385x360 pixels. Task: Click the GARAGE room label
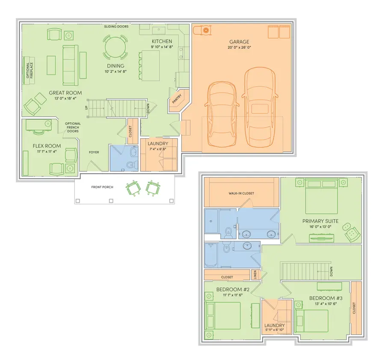tap(239, 42)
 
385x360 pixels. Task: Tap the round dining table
tap(115, 47)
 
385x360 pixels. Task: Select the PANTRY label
tap(177, 99)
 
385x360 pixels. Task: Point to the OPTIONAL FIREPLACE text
tap(30, 70)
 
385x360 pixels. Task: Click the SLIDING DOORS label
tap(116, 27)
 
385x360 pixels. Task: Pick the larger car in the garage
tap(260, 107)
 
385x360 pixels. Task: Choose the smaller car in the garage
tap(222, 114)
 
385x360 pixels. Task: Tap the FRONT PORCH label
tap(102, 187)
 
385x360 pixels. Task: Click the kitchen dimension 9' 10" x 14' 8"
tap(162, 47)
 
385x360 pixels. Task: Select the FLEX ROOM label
tap(47, 146)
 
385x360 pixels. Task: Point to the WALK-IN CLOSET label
tap(241, 193)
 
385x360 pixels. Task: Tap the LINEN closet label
tap(255, 274)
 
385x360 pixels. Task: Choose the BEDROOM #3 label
tap(326, 298)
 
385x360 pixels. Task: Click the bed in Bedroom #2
tap(223, 316)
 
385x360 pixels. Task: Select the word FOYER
tap(94, 152)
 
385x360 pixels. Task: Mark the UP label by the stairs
tap(86, 107)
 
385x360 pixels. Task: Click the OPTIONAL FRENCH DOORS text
tap(73, 127)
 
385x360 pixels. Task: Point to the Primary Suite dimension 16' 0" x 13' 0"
tap(320, 227)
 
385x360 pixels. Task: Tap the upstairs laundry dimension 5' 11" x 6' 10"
tap(275, 330)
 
